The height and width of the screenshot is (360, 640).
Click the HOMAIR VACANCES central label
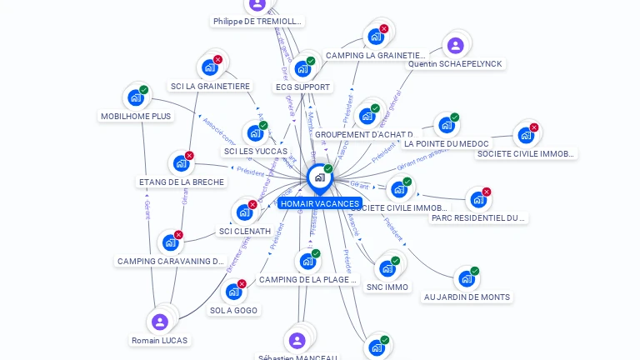[x=320, y=203]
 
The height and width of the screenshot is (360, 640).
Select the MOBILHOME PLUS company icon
[x=135, y=97]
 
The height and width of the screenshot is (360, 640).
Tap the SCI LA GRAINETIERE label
[x=210, y=86]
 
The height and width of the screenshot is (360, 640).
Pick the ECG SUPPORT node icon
[x=302, y=68]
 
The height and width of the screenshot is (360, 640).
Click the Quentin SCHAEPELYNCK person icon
[x=455, y=46]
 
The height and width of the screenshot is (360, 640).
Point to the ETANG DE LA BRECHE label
[x=181, y=182]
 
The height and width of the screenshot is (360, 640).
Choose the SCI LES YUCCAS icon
[x=254, y=133]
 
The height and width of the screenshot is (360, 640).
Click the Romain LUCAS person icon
[x=160, y=322]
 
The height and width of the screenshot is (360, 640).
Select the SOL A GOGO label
[x=233, y=310]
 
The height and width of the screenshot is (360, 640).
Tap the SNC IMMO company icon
[x=387, y=268]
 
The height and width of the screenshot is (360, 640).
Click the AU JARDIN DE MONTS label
[x=467, y=297]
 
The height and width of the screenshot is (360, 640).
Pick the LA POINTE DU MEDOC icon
[x=446, y=126]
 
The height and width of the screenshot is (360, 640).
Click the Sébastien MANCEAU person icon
[x=297, y=340]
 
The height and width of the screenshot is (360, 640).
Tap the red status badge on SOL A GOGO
[x=242, y=283]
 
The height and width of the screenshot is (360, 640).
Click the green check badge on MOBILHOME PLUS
[x=144, y=89]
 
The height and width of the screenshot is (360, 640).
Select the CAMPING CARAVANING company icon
[x=170, y=242]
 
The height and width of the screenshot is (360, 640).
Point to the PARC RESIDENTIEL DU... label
[x=478, y=218]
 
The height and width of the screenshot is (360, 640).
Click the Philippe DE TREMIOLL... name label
[x=257, y=22]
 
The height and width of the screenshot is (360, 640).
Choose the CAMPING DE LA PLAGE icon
[x=307, y=262]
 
